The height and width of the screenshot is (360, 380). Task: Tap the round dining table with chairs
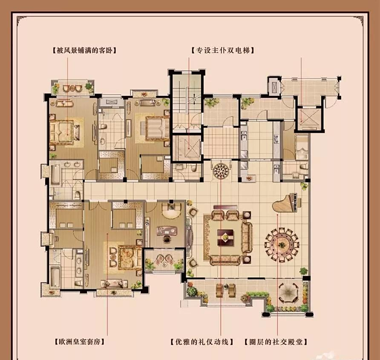point(282,245)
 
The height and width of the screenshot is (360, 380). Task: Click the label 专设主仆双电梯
point(223,50)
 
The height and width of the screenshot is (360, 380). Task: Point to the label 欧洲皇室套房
point(80,342)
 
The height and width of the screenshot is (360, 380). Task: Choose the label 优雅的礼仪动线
point(202,342)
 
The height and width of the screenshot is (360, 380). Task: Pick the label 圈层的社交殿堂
point(276,342)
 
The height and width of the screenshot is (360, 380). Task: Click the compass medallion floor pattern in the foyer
point(221,171)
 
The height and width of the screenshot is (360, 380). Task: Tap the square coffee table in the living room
point(225,238)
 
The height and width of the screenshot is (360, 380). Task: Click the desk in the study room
point(166,231)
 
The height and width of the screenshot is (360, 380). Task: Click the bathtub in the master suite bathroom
point(55,277)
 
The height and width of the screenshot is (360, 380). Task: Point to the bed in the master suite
point(127,258)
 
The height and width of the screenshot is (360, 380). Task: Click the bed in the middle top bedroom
point(157,128)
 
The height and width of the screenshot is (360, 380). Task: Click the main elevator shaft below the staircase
point(187,148)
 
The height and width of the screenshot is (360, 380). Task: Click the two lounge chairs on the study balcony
point(164,259)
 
